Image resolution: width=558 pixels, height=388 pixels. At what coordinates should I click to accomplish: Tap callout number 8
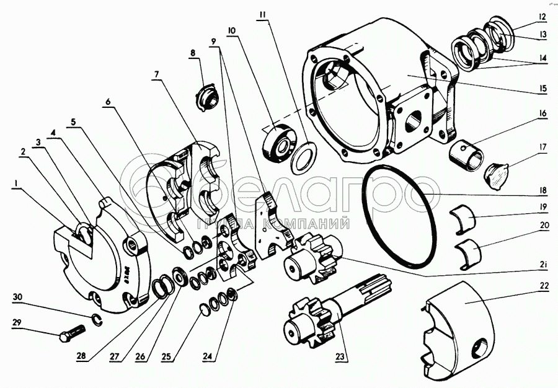point(193,53)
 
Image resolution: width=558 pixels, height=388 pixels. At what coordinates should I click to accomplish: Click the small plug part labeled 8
point(207,98)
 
